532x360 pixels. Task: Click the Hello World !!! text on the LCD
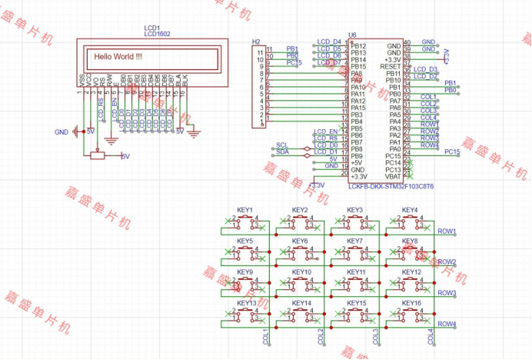(x=118, y=56)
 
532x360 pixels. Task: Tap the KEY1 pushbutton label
(x=245, y=210)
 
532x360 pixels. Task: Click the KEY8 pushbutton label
(x=410, y=241)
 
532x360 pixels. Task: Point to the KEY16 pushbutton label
(x=411, y=303)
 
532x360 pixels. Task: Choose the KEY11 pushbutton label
(x=356, y=272)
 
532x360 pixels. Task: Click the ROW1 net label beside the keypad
(x=447, y=232)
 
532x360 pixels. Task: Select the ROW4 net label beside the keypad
(x=447, y=324)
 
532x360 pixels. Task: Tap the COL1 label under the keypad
(x=266, y=336)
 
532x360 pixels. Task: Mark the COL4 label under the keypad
(x=431, y=336)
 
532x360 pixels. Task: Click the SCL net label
(x=282, y=145)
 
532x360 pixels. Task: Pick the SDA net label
(x=282, y=152)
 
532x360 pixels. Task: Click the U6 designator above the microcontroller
(x=352, y=35)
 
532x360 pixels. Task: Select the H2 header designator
(x=256, y=40)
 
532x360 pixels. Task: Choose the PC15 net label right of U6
(x=452, y=152)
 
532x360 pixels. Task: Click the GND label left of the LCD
(x=62, y=132)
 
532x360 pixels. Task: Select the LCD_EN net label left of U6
(x=325, y=132)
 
